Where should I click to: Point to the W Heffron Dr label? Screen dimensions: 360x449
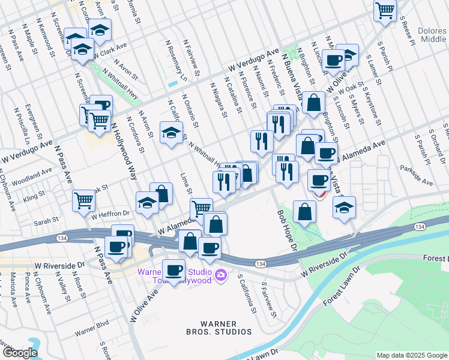point(110,214)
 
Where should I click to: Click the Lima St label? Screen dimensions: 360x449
point(185,184)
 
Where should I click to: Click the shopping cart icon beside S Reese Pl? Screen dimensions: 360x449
point(384,10)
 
